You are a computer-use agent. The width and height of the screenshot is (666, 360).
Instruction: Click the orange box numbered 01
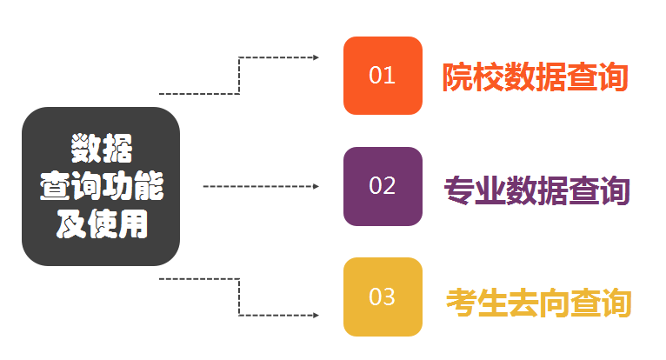click(x=383, y=76)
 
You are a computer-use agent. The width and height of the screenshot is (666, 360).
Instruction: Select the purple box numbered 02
click(x=383, y=186)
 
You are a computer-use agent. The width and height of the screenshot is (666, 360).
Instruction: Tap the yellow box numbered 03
click(x=383, y=297)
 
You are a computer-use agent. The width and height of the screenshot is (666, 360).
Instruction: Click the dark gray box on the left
click(x=101, y=186)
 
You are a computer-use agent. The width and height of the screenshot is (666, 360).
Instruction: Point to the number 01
click(x=383, y=76)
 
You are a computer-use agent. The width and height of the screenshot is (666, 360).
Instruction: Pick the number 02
click(x=383, y=186)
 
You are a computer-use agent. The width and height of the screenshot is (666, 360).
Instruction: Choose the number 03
click(x=383, y=297)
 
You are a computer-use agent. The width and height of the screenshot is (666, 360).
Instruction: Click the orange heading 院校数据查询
click(x=535, y=77)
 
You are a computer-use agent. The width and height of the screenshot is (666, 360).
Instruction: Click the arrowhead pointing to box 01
click(x=316, y=57)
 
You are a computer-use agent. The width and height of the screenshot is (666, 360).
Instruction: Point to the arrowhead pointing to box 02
click(x=316, y=186)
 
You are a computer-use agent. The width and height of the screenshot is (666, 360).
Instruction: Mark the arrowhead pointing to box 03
click(x=316, y=314)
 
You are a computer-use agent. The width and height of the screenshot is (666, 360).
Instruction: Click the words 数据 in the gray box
click(x=102, y=148)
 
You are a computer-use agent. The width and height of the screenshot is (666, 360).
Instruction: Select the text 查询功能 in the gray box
click(x=102, y=186)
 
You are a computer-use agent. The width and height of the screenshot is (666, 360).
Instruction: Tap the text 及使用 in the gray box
click(x=102, y=224)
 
